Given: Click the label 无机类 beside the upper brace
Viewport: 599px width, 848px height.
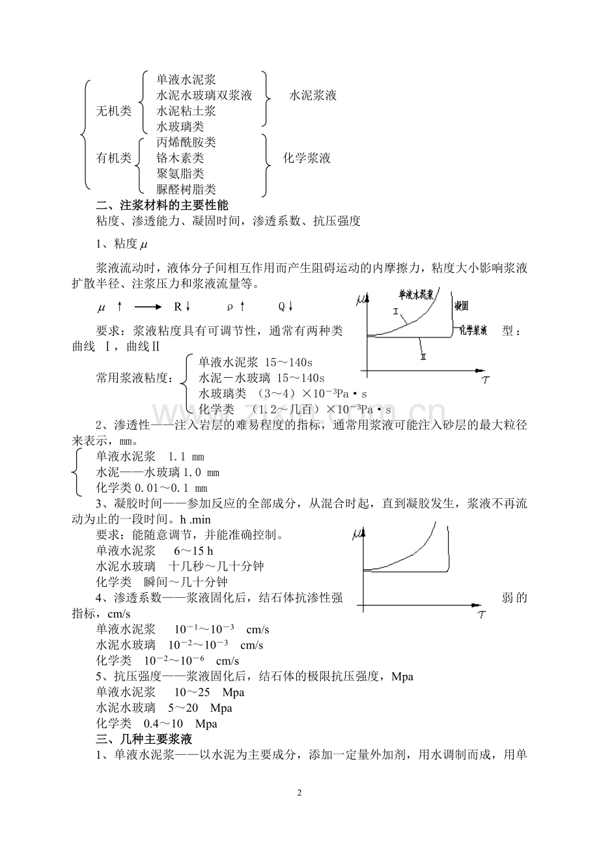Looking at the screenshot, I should tap(113, 111).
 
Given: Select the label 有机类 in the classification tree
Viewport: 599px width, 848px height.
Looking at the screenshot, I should tap(113, 158).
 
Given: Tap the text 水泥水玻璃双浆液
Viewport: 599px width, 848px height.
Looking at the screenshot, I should tap(204, 95).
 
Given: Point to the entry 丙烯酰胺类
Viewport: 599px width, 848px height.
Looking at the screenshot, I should tap(186, 142).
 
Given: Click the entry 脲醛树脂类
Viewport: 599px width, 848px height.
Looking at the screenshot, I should tap(186, 190).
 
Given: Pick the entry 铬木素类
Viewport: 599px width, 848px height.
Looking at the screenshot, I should tap(180, 158).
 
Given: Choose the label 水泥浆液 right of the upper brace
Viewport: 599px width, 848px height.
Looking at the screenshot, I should tap(313, 95).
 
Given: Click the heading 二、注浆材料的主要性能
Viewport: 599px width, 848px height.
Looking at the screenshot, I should tap(162, 205).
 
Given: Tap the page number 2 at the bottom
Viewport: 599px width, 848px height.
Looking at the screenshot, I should tap(299, 793).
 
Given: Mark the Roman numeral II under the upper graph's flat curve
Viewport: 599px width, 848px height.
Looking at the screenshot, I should tap(423, 356).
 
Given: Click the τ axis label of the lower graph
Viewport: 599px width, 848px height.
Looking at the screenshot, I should tap(480, 614).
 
